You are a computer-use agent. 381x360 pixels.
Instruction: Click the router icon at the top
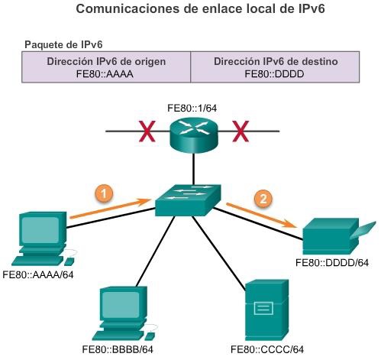(x=192, y=133)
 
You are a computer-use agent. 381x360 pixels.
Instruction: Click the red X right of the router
(x=241, y=133)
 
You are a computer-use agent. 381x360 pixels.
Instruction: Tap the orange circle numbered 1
(x=105, y=193)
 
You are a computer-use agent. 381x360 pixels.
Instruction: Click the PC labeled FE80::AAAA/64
(x=38, y=238)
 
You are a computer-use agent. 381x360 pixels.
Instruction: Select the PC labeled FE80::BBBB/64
(x=123, y=313)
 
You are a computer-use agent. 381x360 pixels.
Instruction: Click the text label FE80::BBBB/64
(x=122, y=349)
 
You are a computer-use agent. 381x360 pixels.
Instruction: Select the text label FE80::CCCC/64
(x=263, y=349)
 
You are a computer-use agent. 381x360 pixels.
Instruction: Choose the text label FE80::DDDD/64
(x=333, y=263)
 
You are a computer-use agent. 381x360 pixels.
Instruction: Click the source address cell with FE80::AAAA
(x=105, y=67)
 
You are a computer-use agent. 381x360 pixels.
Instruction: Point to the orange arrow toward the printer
(x=264, y=215)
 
